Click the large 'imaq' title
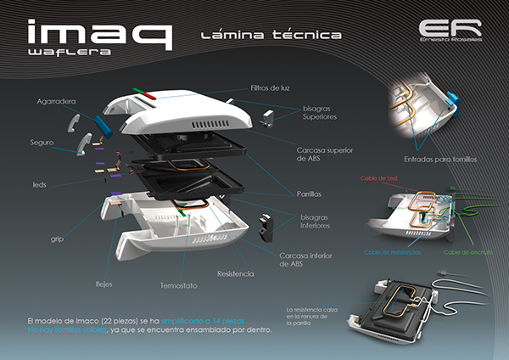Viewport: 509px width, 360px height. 98,33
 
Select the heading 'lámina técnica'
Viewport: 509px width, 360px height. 272,36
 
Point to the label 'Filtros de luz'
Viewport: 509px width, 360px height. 271,87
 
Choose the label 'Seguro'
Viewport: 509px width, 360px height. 42,141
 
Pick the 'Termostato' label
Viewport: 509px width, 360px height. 178,285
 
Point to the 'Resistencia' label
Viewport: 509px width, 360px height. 236,274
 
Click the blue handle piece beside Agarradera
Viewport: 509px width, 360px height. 103,125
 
